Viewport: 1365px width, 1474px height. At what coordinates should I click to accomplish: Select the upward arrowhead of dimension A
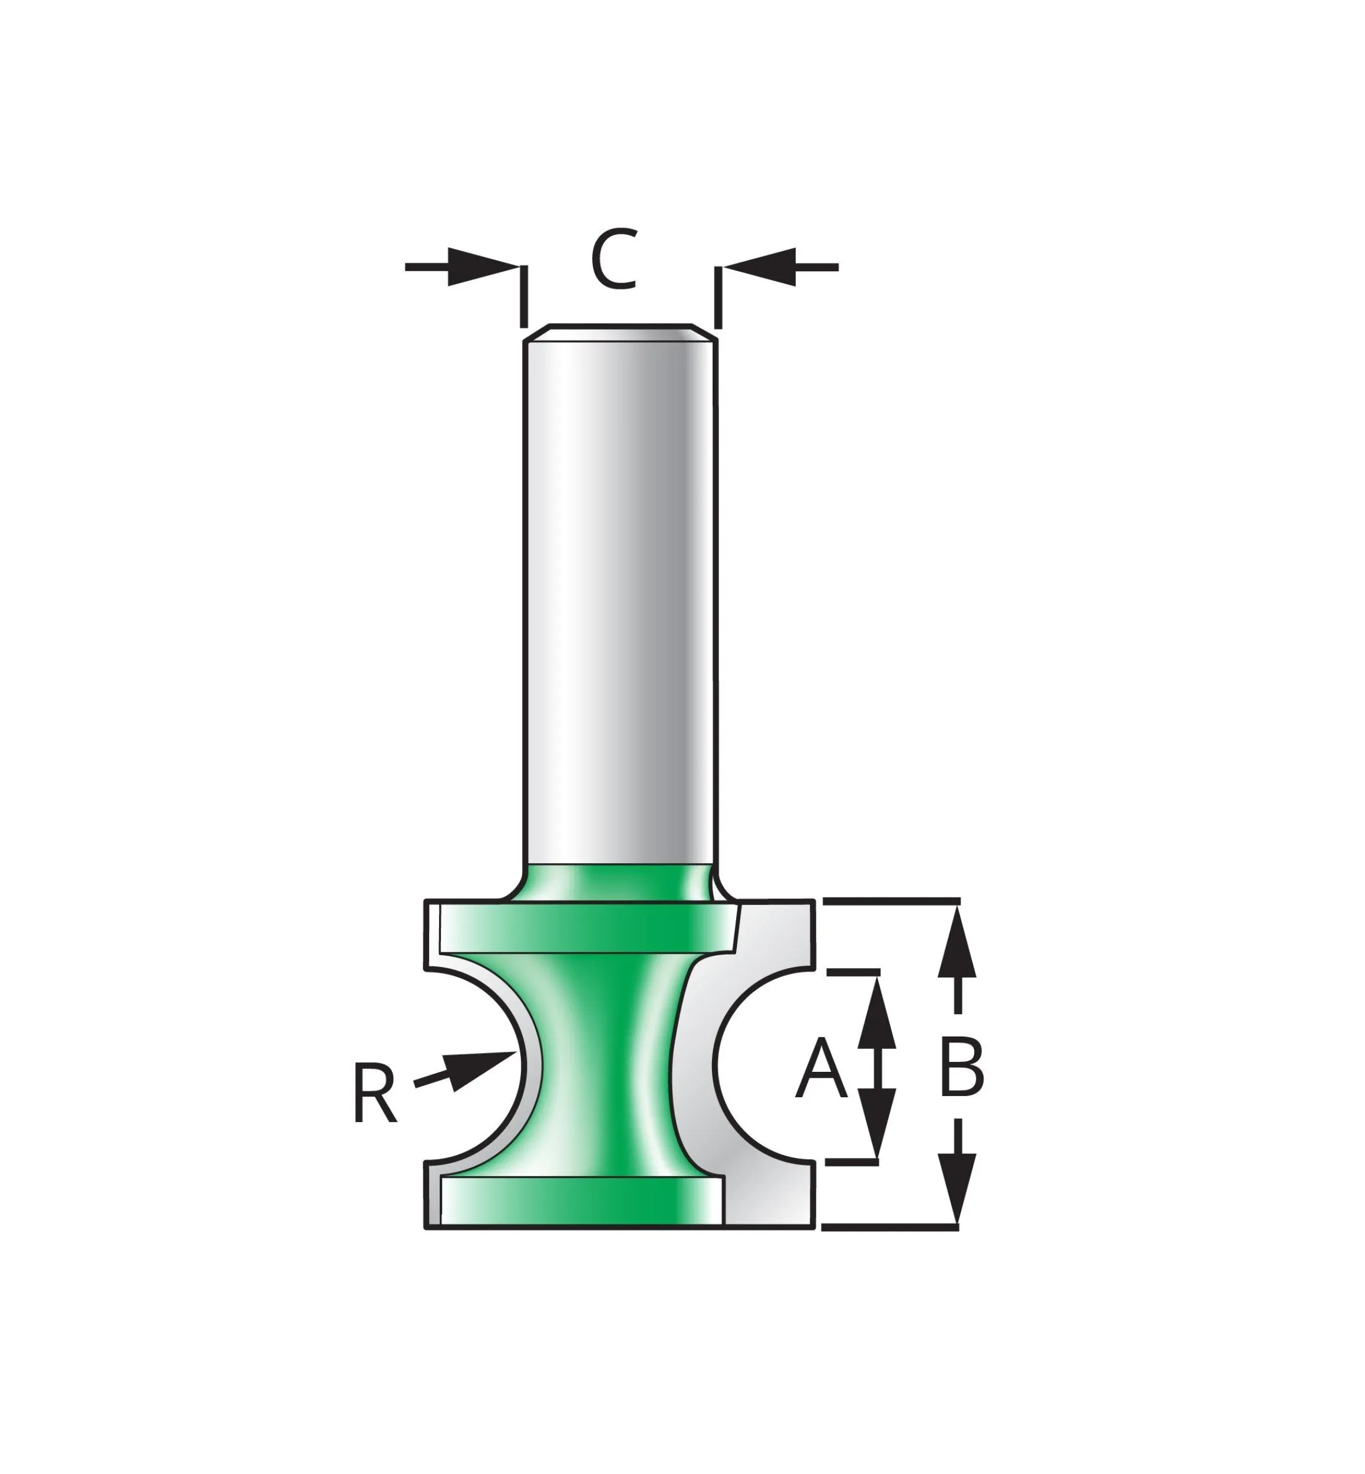pos(877,1012)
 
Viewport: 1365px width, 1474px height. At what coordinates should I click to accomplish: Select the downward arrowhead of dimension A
pos(877,1131)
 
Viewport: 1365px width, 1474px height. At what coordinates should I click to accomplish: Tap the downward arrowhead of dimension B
pos(957,1190)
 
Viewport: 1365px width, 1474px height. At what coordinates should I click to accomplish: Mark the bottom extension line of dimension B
pos(890,1227)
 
